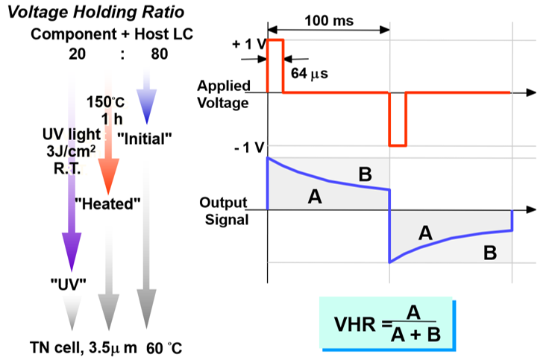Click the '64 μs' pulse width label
tap(310, 74)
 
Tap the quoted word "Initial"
tap(145, 138)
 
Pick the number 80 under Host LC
tap(157, 54)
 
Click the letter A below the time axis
tap(425, 233)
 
